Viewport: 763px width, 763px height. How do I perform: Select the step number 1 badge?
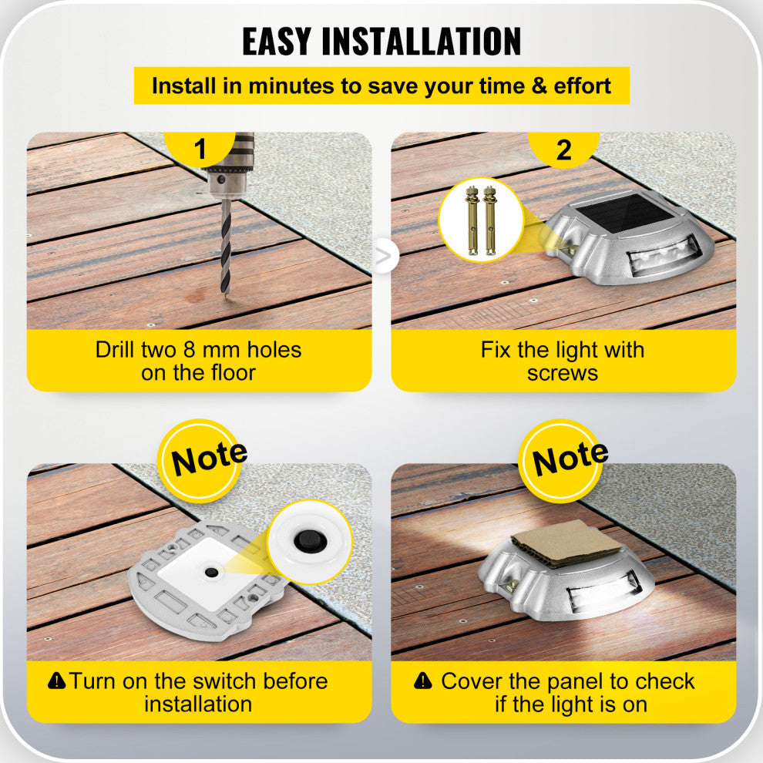click(201, 149)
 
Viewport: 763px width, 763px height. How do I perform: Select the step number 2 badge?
click(563, 149)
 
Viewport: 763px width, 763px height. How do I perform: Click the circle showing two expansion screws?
click(480, 219)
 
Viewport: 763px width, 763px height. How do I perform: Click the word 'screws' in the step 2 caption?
click(563, 373)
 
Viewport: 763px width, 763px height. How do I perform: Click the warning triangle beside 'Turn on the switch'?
click(57, 681)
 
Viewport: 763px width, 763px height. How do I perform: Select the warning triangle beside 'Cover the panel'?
click(422, 681)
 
